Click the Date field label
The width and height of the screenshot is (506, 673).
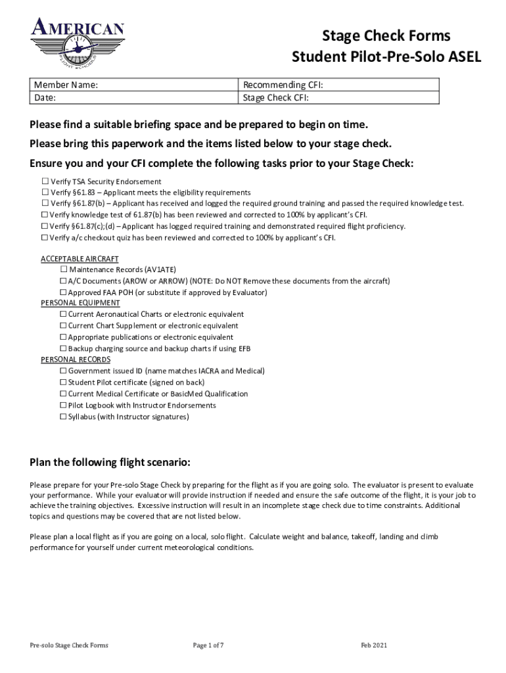tap(45, 97)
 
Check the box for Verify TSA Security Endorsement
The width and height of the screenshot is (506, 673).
tap(45, 181)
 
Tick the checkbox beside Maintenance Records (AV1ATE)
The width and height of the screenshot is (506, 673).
tap(64, 269)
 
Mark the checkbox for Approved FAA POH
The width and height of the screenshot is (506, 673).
tap(64, 292)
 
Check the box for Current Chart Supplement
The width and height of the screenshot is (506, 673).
tap(64, 326)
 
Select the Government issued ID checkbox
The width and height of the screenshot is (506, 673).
tap(64, 371)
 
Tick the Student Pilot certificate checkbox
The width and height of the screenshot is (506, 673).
tap(64, 383)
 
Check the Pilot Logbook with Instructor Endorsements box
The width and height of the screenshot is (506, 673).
tap(64, 406)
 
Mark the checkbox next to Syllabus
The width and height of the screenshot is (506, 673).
tap(64, 417)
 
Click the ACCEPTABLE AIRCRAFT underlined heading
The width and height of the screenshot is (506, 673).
tap(80, 259)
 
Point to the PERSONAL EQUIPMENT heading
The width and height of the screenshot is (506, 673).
tap(80, 303)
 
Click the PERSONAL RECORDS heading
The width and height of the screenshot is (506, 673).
tap(76, 360)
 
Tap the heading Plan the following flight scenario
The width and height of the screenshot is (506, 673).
tap(110, 462)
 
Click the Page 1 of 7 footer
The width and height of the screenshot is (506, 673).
tap(208, 645)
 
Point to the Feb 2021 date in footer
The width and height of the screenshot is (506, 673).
tap(374, 645)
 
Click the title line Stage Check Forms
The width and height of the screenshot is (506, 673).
tap(386, 35)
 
